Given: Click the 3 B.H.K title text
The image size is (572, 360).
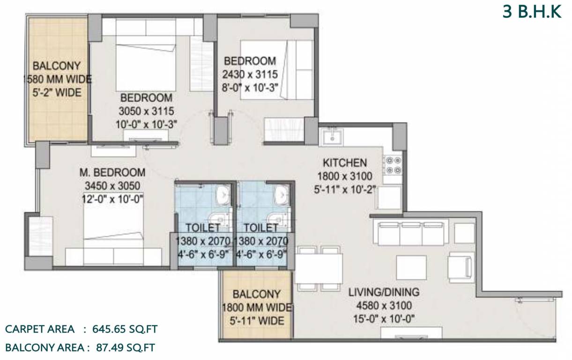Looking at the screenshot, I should [x=532, y=12].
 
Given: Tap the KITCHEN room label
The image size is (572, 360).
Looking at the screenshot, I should [x=344, y=163].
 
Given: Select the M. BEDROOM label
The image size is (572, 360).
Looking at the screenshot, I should [x=112, y=172].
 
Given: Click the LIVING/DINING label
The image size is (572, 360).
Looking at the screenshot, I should [x=384, y=292].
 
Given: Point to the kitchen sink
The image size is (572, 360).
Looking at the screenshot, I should [x=332, y=137].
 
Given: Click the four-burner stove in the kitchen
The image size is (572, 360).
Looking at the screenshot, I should [x=392, y=165].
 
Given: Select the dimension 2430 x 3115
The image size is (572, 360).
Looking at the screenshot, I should [x=251, y=74].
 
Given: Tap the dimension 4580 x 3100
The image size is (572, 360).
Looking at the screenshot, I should [x=384, y=306].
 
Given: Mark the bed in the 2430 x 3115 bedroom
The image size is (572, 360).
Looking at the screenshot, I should [x=276, y=70].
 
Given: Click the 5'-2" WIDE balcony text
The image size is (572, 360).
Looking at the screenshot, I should [x=57, y=92].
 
